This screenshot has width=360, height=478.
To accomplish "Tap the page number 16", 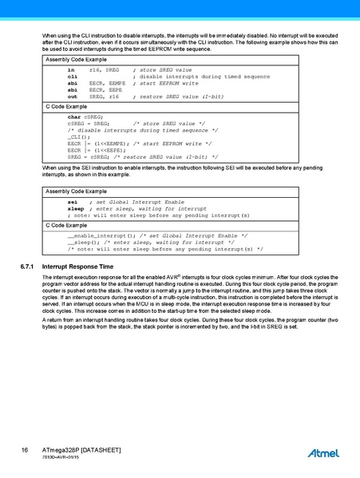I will coord(26,450).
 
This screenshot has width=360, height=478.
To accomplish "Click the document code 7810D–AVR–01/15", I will coord(63,460).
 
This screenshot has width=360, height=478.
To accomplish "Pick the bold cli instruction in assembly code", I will coord(71,76).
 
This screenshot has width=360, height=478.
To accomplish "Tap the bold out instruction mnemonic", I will coord(71,95).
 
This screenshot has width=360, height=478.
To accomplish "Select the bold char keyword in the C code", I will coord(74,117).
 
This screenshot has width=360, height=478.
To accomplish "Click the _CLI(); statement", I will coord(77,136).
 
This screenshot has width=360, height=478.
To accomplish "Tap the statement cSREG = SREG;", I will coord(89,124).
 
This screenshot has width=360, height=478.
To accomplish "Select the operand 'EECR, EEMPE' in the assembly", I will coord(107,82).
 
